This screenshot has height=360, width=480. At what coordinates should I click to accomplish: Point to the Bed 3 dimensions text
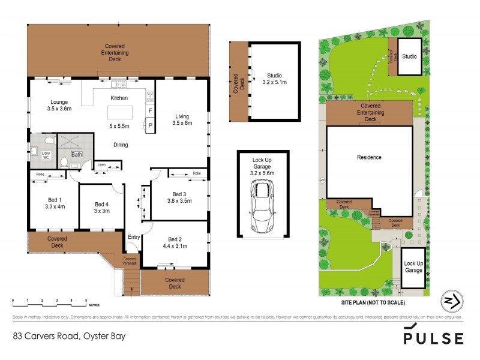click(x=179, y=201)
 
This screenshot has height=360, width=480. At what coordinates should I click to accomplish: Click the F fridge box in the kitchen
click(x=150, y=112)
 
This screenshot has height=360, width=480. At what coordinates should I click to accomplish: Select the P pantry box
click(x=150, y=125)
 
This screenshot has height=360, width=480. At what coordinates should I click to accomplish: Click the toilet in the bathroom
click(x=64, y=161)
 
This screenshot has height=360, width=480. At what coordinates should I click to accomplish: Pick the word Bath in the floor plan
click(x=77, y=154)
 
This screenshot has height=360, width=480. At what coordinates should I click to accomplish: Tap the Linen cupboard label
click(x=101, y=164)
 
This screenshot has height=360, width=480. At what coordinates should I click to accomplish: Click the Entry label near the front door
click(x=134, y=238)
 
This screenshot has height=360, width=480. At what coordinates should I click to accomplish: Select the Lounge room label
click(x=59, y=102)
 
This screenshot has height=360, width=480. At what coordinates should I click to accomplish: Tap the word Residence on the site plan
click(x=369, y=157)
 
